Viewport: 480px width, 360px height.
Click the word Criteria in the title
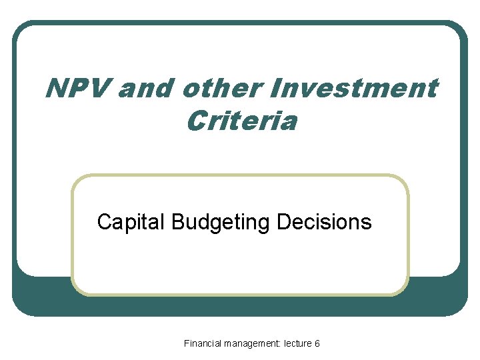pos(241,121)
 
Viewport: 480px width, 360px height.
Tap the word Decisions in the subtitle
pos(323,221)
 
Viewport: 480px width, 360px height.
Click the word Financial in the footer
pos(203,343)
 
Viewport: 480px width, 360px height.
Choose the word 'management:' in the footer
pos(253,343)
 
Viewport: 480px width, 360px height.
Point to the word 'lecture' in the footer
pos(297,343)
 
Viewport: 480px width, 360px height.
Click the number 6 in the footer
pos(317,343)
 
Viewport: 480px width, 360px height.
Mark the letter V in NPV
pos(98,88)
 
